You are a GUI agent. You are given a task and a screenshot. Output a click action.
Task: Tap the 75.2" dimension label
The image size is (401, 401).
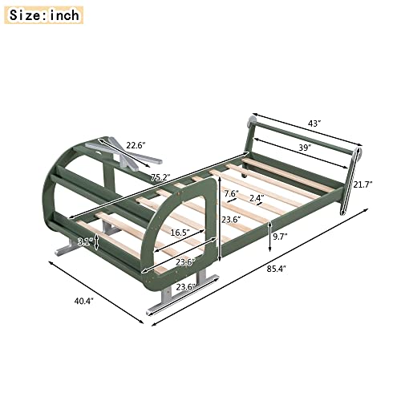point(161,179)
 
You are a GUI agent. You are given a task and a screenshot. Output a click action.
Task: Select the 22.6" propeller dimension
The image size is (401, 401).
point(136,145)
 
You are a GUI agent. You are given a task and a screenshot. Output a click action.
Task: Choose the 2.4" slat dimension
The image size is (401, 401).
point(257,198)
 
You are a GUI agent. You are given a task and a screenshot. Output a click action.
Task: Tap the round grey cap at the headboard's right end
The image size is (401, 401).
point(357,152)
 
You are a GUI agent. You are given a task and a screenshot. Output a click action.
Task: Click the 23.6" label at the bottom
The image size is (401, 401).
point(185,286)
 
